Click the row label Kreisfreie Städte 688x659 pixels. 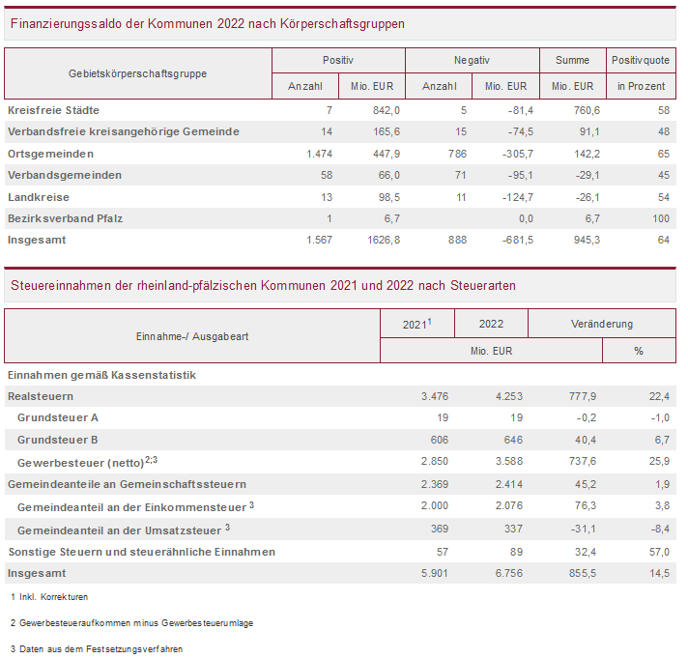(53, 110)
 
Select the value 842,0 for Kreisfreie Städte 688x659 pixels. (386, 110)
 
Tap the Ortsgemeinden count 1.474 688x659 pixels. (318, 154)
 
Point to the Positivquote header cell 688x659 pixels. (641, 60)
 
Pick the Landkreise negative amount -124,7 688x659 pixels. (510, 196)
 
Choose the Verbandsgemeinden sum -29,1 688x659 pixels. (584, 175)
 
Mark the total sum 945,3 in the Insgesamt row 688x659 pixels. (584, 239)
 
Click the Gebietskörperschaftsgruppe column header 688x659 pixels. (137, 73)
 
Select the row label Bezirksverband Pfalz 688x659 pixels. (65, 217)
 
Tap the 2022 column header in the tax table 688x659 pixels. (490, 324)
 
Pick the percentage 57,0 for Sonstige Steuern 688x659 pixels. (658, 552)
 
